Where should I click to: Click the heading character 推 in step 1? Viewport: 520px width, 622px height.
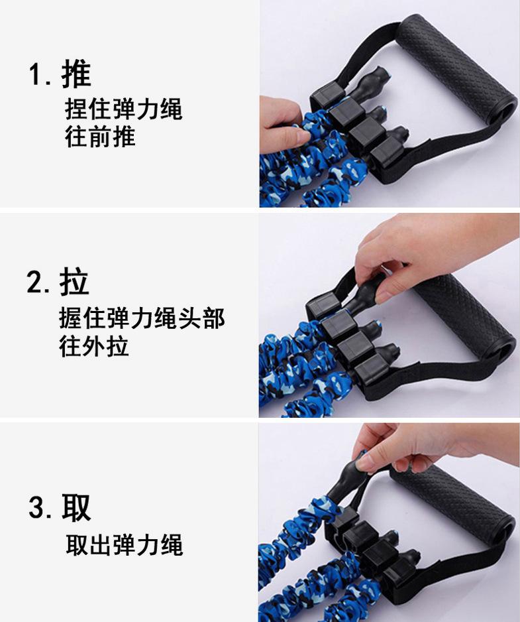76,74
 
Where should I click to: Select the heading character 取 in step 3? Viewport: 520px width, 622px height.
76,507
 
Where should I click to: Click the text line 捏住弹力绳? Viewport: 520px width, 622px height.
124,109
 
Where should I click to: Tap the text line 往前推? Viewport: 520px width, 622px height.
100,137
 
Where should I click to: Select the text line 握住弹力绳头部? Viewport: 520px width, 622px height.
142,318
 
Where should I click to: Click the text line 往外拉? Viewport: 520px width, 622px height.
94,345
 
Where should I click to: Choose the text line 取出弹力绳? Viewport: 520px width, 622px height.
125,545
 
